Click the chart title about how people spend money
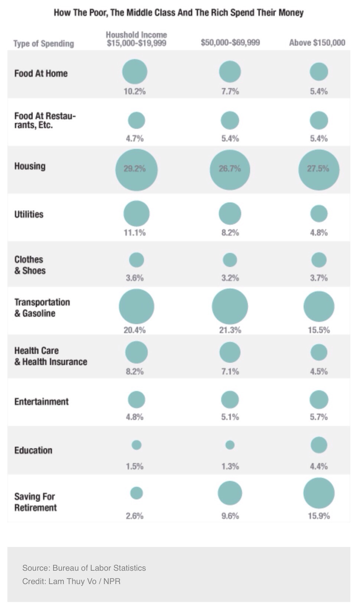(x=179, y=13)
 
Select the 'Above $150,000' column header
(x=317, y=43)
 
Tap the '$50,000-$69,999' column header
(x=230, y=43)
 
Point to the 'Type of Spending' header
(x=44, y=44)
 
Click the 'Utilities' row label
(x=29, y=214)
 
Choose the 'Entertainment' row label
(x=42, y=401)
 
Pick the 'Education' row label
(x=33, y=450)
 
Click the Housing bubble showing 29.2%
(x=137, y=170)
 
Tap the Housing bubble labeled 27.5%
(x=319, y=170)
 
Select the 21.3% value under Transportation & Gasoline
(x=230, y=330)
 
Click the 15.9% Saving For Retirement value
(x=319, y=516)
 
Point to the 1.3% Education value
(x=230, y=466)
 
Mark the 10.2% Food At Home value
(x=135, y=91)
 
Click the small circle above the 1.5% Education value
(x=137, y=444)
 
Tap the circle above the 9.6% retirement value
(x=230, y=493)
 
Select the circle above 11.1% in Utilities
(x=137, y=214)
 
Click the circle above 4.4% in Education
(x=319, y=445)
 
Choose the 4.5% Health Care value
(x=319, y=371)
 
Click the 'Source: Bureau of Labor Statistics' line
(x=84, y=568)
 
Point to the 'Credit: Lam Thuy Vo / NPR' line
(x=71, y=581)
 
